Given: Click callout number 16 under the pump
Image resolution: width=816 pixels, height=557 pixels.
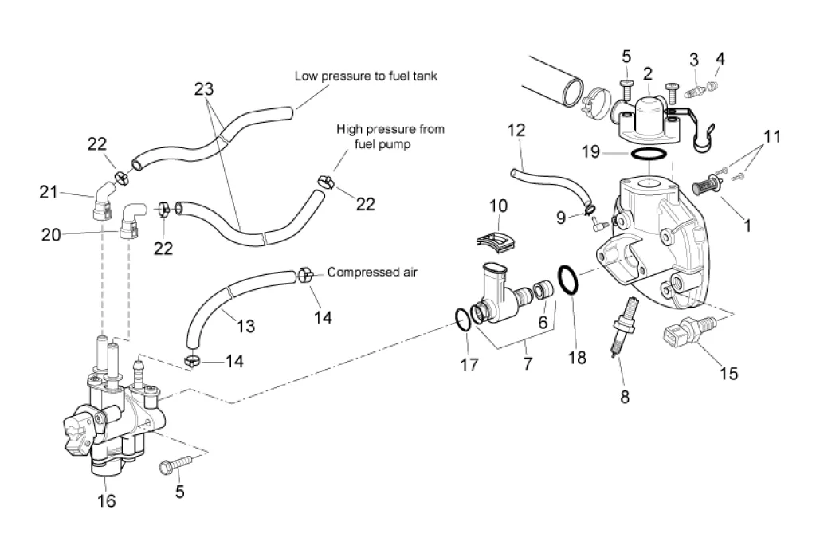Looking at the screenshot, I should pyautogui.click(x=106, y=500).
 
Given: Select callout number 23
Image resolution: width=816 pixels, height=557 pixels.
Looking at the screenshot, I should pyautogui.click(x=203, y=88).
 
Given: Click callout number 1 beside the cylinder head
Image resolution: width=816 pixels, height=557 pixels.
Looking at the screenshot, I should pyautogui.click(x=747, y=226).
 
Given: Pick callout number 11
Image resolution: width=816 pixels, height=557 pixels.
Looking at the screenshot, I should pyautogui.click(x=769, y=136).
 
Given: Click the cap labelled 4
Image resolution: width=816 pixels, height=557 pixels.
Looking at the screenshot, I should pyautogui.click(x=715, y=81).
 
